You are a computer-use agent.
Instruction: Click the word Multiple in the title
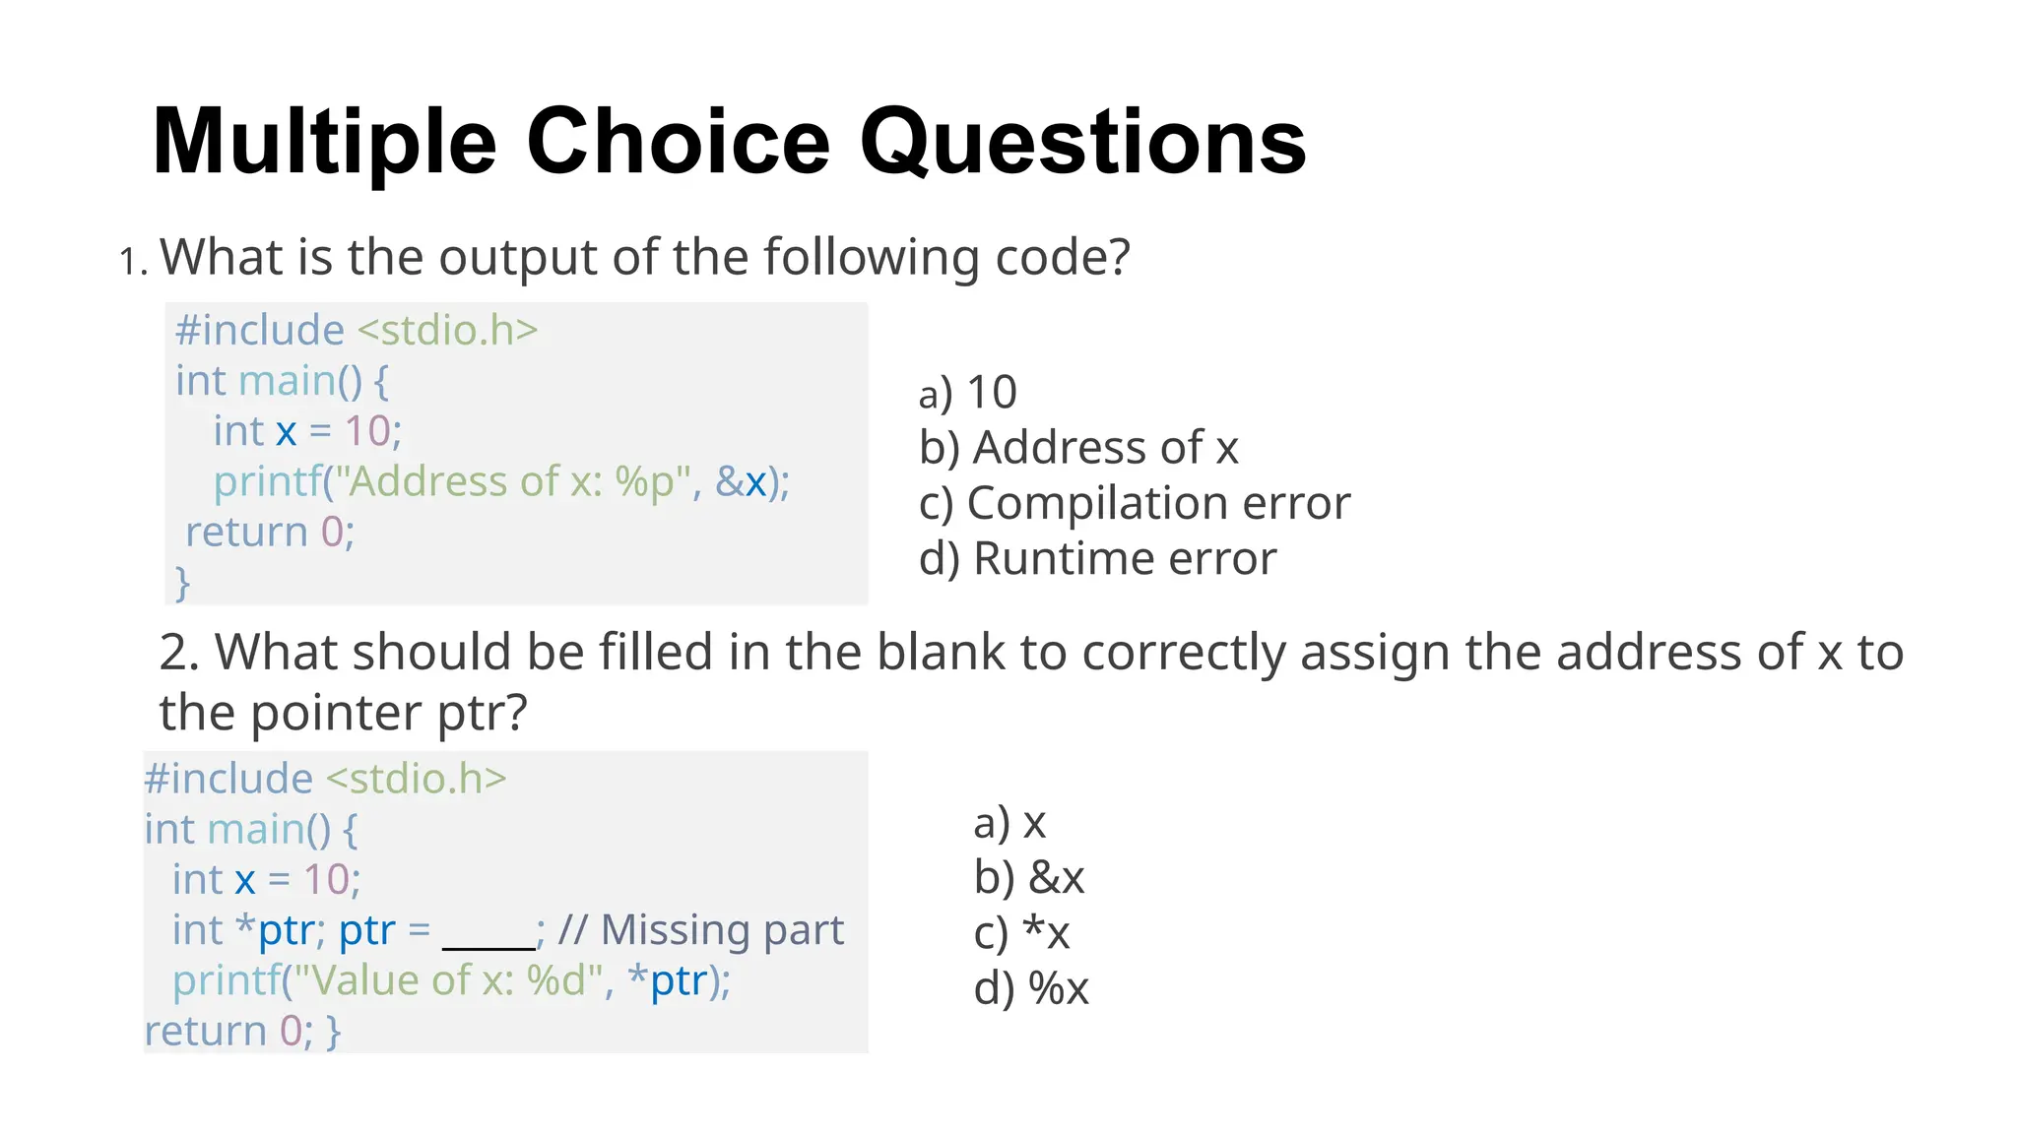(x=325, y=143)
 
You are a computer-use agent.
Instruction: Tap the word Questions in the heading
(x=1082, y=143)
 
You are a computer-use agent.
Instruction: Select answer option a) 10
(x=967, y=393)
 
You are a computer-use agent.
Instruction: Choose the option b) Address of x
(x=1077, y=448)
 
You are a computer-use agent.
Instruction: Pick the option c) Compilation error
(x=1134, y=503)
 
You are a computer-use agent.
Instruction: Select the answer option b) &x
(x=1028, y=877)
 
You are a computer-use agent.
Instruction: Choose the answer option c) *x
(x=1020, y=932)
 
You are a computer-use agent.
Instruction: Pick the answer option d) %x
(x=1030, y=987)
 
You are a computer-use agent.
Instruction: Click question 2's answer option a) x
(x=1008, y=822)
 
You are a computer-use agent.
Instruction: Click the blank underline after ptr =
(x=488, y=935)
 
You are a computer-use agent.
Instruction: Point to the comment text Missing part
(x=722, y=930)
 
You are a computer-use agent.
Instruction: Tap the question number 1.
(x=131, y=262)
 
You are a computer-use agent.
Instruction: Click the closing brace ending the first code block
(x=182, y=582)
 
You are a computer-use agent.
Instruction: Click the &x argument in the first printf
(x=742, y=482)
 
